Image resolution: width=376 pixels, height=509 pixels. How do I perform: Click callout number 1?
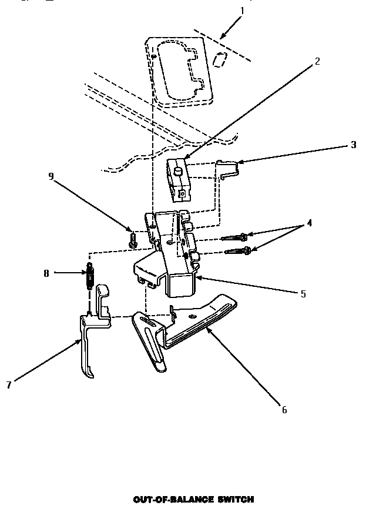click(x=243, y=11)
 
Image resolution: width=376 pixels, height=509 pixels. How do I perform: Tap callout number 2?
click(x=317, y=61)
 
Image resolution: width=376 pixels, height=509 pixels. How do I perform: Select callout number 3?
click(x=353, y=145)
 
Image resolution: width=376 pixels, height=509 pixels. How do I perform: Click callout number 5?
click(x=303, y=293)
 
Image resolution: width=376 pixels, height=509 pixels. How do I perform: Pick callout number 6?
click(x=284, y=410)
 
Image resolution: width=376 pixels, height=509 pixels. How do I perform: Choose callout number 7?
click(x=8, y=384)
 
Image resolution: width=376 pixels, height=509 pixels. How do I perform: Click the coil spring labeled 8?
click(x=90, y=275)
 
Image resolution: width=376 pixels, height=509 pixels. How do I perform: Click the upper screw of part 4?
click(x=235, y=237)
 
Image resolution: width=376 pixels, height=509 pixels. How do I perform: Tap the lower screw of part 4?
click(x=238, y=251)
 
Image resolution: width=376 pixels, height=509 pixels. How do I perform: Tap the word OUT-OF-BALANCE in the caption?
click(x=170, y=499)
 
